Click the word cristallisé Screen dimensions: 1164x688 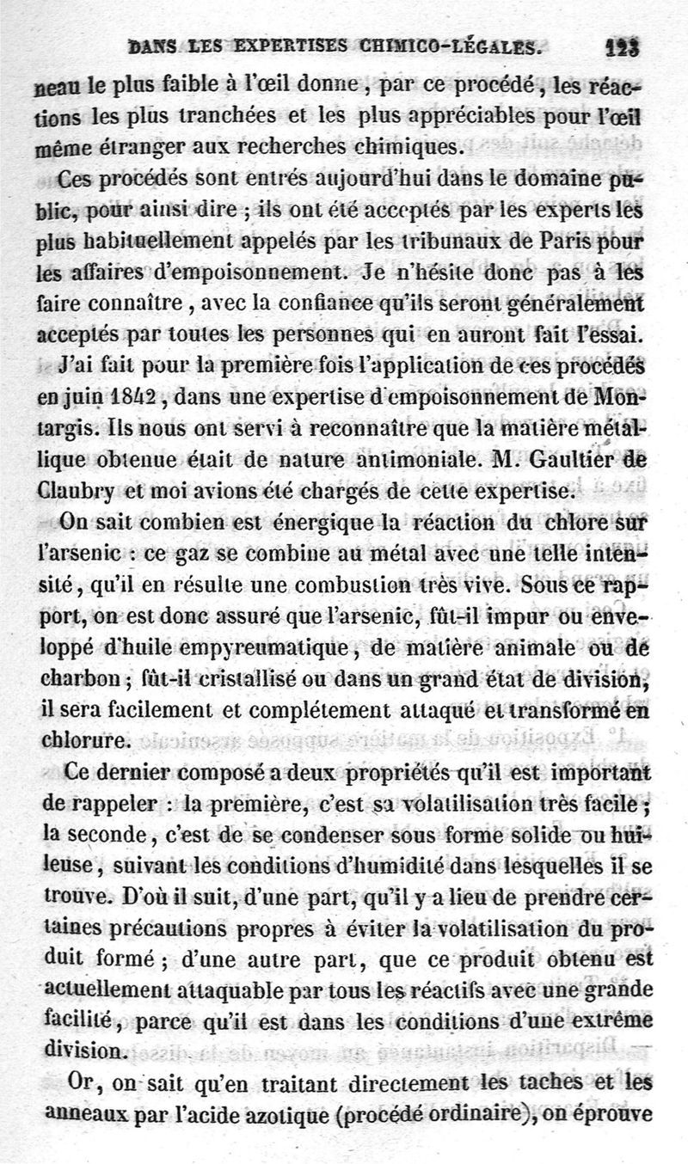click(x=261, y=678)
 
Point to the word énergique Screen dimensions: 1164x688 click(x=307, y=524)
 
